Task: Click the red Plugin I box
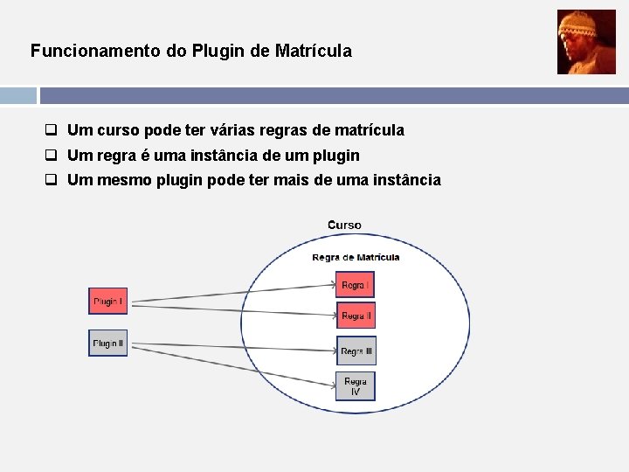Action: (x=107, y=301)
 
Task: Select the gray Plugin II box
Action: (x=107, y=343)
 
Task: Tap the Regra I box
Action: (x=355, y=285)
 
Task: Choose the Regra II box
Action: (x=356, y=315)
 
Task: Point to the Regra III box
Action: (x=356, y=351)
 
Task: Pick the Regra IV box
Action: (x=356, y=386)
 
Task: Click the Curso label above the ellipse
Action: (x=344, y=226)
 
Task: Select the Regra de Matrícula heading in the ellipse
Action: (x=356, y=257)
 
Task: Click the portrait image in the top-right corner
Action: (x=586, y=42)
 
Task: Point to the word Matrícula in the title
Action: (x=313, y=52)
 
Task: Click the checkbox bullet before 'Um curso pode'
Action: (x=52, y=130)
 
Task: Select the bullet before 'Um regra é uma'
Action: (x=52, y=156)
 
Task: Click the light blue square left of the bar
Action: (x=17, y=95)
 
